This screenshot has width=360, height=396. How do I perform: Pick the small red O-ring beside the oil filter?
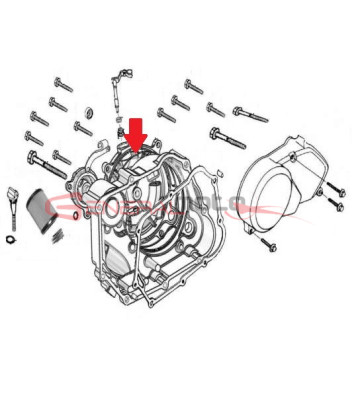(x=78, y=213)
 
